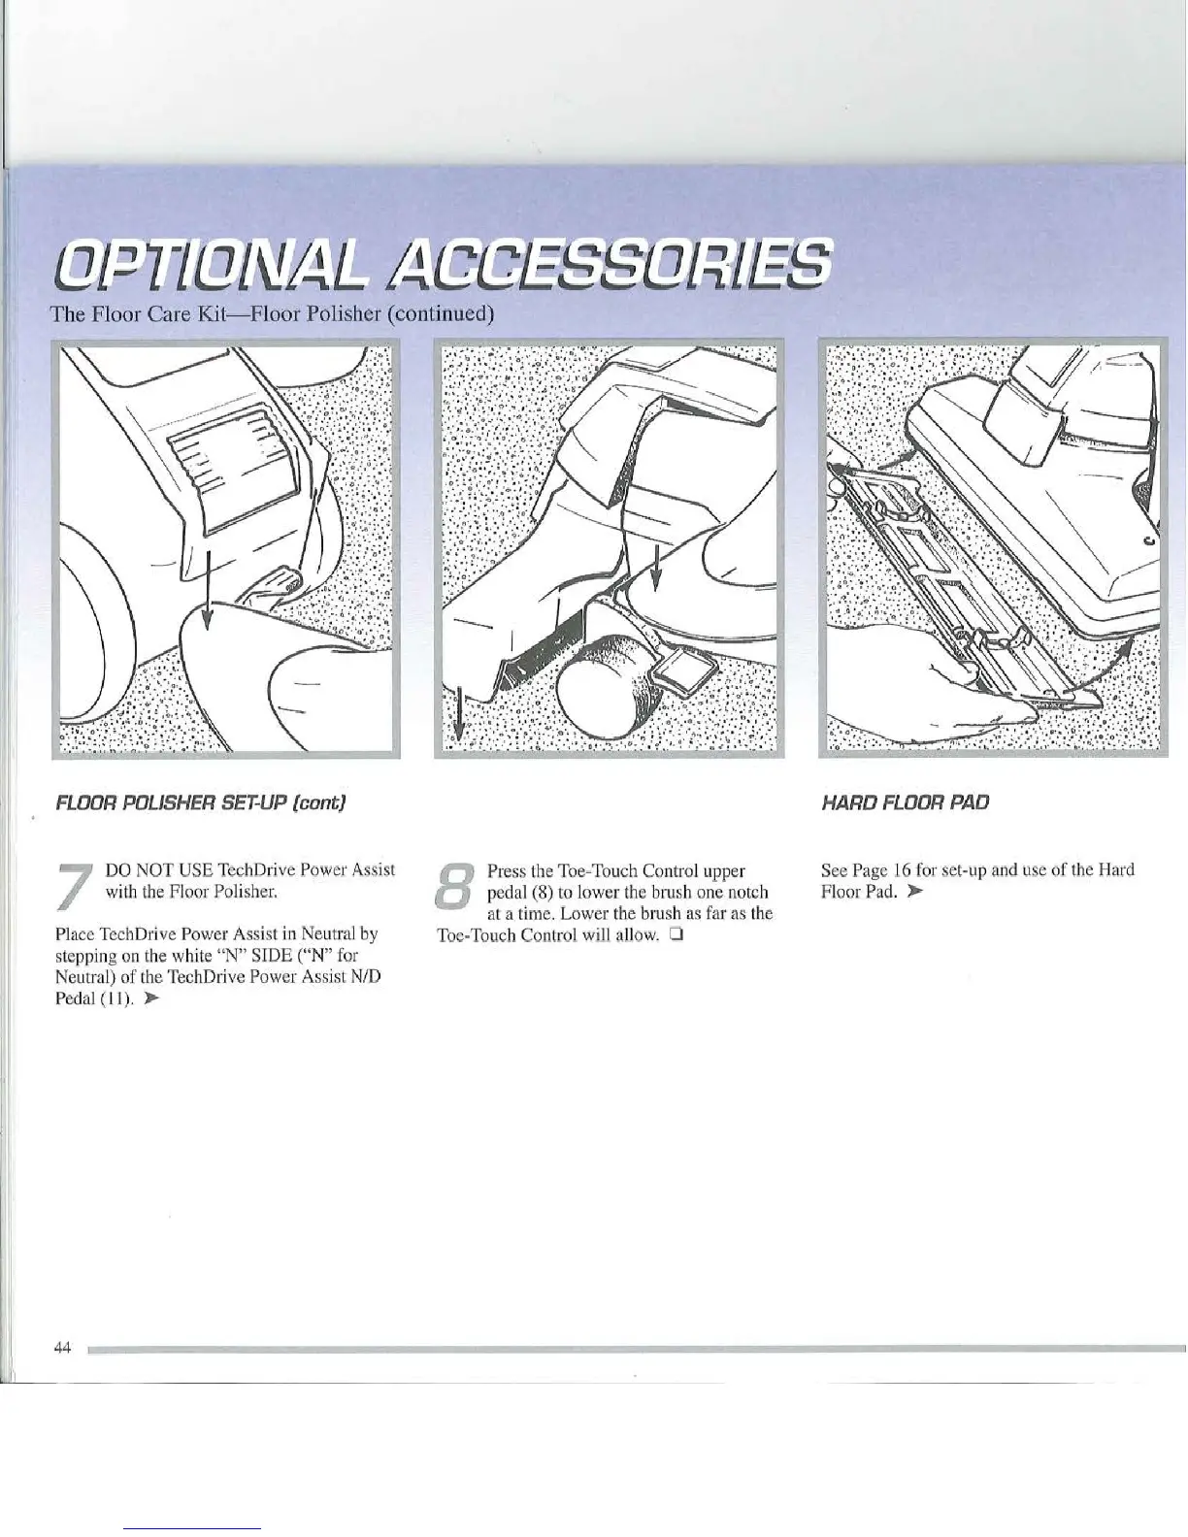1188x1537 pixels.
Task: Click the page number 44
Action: [64, 1347]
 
